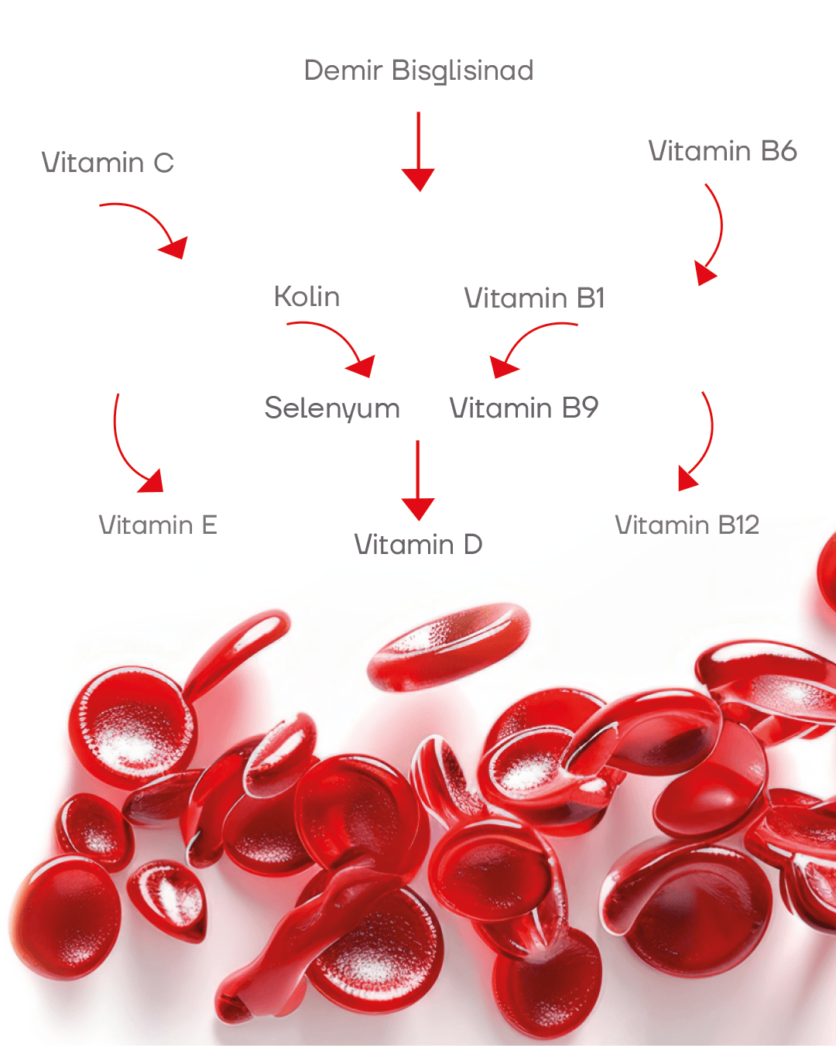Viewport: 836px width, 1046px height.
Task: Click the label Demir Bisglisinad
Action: coord(419,71)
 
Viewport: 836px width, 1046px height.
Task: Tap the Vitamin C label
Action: coord(108,163)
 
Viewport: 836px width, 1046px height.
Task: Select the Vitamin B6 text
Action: coord(722,150)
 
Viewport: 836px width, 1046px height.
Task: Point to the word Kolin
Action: coord(307,296)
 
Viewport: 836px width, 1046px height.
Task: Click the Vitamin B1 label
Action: coord(534,298)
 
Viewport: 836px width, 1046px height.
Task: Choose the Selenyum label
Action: coord(332,408)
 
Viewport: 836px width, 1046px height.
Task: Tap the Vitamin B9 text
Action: coord(523,408)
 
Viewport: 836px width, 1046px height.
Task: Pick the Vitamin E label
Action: coord(158,525)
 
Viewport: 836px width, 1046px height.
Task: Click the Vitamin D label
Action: coord(418,545)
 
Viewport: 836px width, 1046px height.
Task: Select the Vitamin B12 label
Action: coord(687,525)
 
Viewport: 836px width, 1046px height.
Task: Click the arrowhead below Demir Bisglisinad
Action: coord(418,180)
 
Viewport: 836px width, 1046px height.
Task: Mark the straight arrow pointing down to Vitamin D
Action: coord(418,480)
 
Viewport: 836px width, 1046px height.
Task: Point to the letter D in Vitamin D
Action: coord(473,545)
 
